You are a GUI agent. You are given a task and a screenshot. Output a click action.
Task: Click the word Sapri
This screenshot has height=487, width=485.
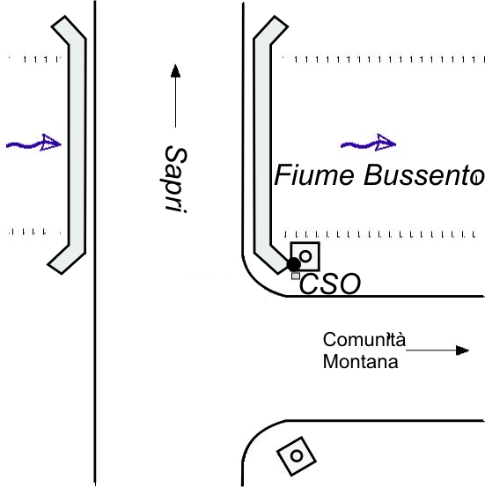pyautogui.click(x=175, y=179)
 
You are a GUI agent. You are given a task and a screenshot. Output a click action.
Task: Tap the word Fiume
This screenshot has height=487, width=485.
pyautogui.click(x=314, y=175)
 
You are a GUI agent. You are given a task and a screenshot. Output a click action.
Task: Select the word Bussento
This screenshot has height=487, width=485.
pyautogui.click(x=424, y=175)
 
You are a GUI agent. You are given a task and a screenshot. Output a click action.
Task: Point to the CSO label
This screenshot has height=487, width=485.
pyautogui.click(x=330, y=284)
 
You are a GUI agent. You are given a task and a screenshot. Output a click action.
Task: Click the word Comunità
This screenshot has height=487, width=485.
pyautogui.click(x=364, y=339)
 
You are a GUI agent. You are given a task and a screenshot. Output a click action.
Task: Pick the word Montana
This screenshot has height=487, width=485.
pyautogui.click(x=360, y=362)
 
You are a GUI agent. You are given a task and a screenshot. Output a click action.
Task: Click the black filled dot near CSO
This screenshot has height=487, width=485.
pyautogui.click(x=293, y=264)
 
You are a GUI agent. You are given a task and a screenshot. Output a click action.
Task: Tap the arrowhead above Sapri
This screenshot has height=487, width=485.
pyautogui.click(x=176, y=70)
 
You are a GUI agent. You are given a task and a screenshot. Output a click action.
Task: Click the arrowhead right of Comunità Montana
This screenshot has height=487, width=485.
pyautogui.click(x=463, y=350)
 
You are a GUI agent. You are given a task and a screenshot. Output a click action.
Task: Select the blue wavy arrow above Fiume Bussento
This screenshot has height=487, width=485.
pyautogui.click(x=368, y=144)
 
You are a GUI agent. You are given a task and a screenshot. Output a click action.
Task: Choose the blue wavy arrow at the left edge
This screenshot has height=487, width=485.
pyautogui.click(x=33, y=144)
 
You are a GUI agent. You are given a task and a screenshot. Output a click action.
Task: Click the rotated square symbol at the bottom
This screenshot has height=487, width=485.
pyautogui.click(x=297, y=456)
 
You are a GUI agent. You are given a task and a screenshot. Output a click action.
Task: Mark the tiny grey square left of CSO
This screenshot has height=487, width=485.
pyautogui.click(x=296, y=276)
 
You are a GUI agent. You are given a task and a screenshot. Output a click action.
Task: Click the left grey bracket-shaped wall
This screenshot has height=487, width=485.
pyautogui.click(x=77, y=145)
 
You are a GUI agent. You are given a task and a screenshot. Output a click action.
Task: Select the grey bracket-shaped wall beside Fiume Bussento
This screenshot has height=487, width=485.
pyautogui.click(x=262, y=145)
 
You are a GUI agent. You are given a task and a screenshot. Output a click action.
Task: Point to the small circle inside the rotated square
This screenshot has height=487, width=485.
pyautogui.click(x=297, y=456)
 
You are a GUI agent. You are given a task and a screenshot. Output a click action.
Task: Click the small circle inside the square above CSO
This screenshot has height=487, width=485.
pyautogui.click(x=305, y=256)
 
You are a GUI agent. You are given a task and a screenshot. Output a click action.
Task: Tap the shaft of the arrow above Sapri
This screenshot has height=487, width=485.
pyautogui.click(x=176, y=102)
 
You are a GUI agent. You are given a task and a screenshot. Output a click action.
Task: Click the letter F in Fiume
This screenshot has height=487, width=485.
pyautogui.click(x=282, y=175)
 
